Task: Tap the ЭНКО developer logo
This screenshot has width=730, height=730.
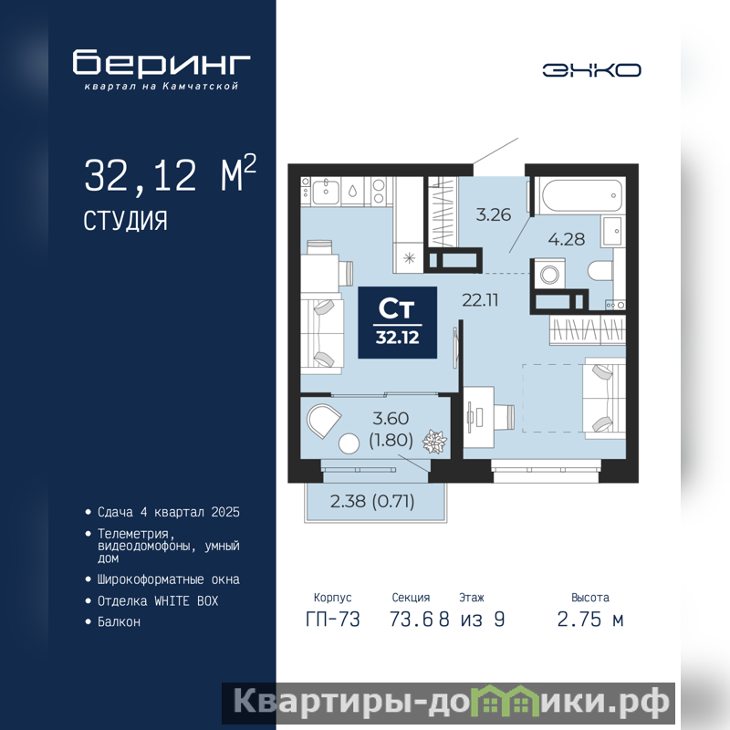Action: point(591,70)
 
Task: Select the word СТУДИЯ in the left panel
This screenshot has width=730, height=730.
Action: point(125,221)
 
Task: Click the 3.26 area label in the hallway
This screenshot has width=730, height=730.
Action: point(493,214)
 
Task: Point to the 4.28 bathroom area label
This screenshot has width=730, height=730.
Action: point(566,239)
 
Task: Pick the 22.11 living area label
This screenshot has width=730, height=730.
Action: point(480,300)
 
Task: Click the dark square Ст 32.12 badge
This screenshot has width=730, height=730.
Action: point(397,322)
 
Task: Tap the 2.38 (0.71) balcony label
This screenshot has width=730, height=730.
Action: point(372,501)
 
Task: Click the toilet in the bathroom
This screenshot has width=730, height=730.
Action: point(600,270)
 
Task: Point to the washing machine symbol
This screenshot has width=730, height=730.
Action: point(549,275)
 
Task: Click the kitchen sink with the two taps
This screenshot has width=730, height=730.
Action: point(326,191)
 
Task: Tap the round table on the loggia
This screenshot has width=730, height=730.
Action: point(349,443)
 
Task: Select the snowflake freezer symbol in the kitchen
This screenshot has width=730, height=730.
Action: point(409,258)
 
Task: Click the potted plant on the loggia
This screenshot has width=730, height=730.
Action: point(434,442)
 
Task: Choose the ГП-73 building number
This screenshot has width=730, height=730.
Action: point(333,620)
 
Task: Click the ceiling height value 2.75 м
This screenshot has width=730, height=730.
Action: point(589,620)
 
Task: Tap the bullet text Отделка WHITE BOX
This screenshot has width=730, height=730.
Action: point(158,601)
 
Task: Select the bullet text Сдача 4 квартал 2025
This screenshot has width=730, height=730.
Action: point(169,512)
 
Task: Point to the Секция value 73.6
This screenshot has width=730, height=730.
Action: point(412,620)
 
